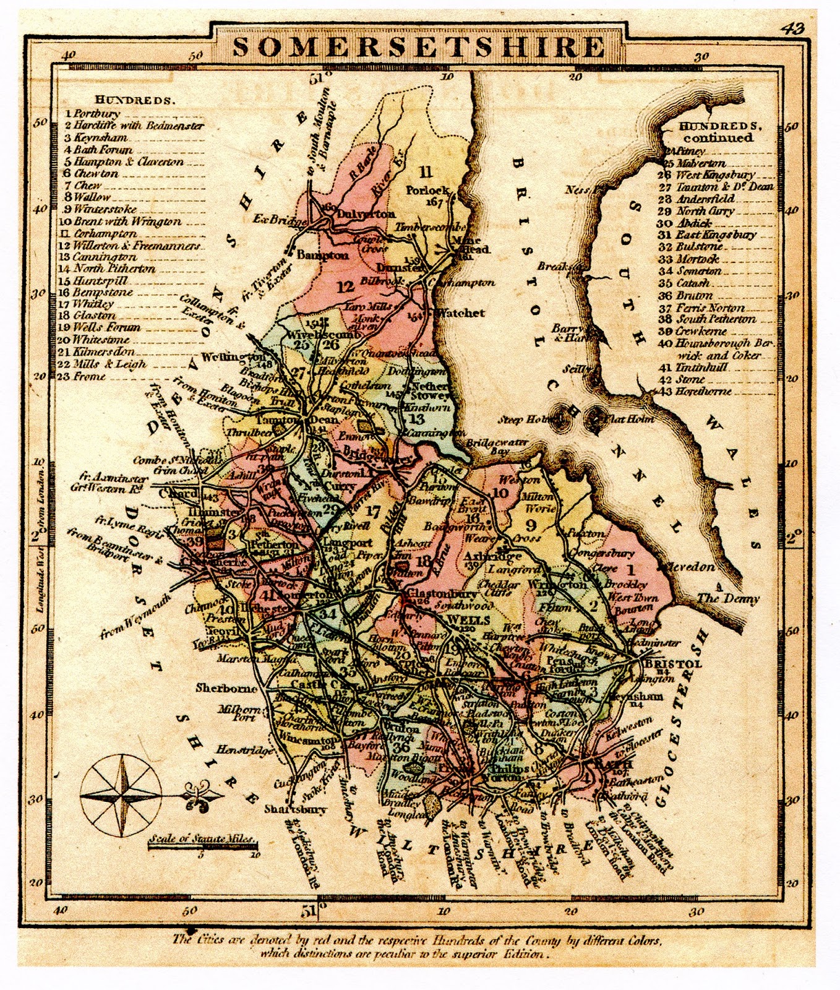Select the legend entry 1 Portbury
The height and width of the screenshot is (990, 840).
point(94,114)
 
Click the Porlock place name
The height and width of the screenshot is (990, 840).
point(427,190)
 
